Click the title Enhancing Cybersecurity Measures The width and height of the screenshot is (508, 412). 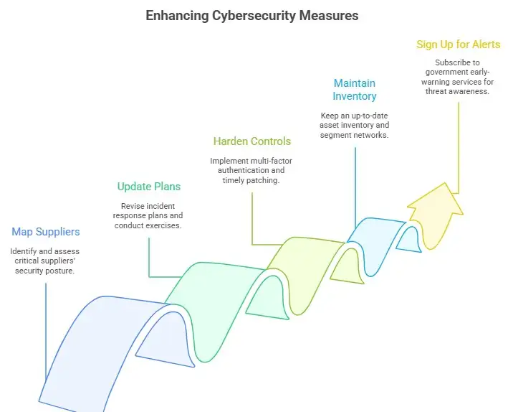(252, 15)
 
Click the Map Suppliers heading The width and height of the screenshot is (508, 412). (46, 232)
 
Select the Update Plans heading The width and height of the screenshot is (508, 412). (149, 187)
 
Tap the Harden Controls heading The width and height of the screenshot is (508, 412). (252, 141)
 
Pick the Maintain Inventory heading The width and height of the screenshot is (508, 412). (355, 89)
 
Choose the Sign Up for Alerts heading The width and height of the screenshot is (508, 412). (459, 45)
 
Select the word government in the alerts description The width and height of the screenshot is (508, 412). (442, 72)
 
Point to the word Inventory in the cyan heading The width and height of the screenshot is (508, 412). (355, 96)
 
